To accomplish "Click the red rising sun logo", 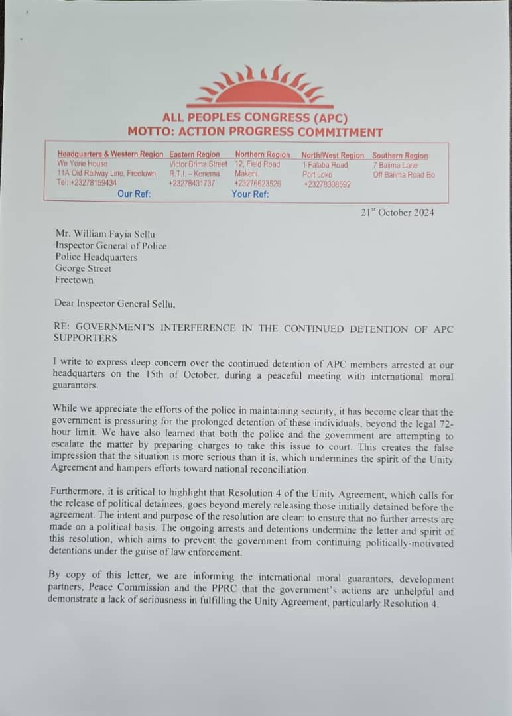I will coord(260,87).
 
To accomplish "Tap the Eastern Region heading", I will coord(194,155).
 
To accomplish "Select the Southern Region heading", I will coord(400,156).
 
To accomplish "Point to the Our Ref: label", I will coord(134,194).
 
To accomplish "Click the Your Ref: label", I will coord(250,194).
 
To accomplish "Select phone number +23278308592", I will coord(327,184).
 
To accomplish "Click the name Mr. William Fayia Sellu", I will coord(105,234).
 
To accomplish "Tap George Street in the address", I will coord(83,268).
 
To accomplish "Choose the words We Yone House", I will coord(82,164).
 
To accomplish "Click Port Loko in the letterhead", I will coord(317,174).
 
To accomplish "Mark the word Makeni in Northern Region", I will coord(247,174).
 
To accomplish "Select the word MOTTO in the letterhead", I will coord(149,132).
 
